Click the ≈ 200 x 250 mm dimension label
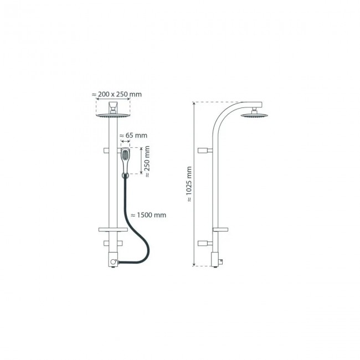click(116, 94)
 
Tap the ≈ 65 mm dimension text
click(133, 135)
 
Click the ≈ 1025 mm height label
click(189, 184)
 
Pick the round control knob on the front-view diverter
click(114, 260)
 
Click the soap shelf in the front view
click(110, 229)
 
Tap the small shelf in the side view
click(220, 229)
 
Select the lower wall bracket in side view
click(204, 243)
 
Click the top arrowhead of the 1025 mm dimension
click(194, 104)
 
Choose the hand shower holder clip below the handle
click(126, 176)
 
